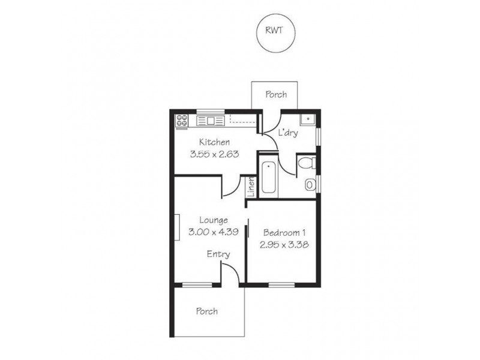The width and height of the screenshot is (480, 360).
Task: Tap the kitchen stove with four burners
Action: (182, 121)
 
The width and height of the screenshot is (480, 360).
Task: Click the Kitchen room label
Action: (214, 143)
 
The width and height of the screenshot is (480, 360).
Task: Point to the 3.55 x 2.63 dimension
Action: (214, 154)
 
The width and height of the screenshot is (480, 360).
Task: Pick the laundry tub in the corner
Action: (308, 119)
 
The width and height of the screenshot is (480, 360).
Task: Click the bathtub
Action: (269, 176)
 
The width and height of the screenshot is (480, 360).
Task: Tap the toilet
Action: (306, 162)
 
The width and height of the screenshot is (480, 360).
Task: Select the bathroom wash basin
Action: (310, 185)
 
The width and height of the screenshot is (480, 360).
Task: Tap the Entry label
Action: (218, 254)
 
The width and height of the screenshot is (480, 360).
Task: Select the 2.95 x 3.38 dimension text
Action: (284, 244)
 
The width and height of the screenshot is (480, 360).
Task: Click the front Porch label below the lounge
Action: (206, 311)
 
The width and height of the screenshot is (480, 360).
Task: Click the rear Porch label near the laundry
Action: (276, 94)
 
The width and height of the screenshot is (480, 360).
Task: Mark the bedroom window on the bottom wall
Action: (281, 284)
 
